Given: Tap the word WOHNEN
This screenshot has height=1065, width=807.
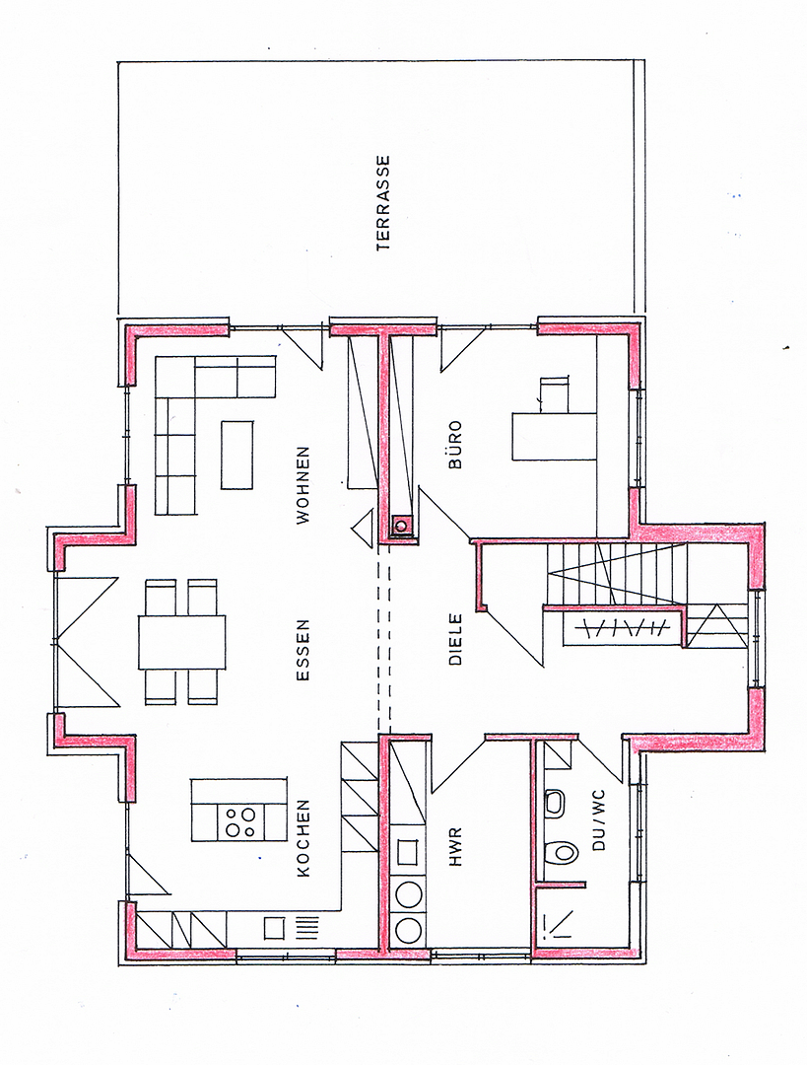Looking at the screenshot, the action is coord(303,485).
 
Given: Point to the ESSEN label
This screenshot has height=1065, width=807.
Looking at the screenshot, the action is coord(303,649).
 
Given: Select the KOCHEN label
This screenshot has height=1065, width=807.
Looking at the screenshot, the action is coord(303,837).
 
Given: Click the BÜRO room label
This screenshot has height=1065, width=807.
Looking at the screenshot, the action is coord(455,444).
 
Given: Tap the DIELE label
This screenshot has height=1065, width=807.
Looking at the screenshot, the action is coord(455,639).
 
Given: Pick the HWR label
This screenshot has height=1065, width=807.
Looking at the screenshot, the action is coord(455,846).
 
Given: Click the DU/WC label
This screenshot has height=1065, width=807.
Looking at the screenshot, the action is coord(599,819).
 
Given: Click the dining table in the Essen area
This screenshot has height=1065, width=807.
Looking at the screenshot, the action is coord(182,642).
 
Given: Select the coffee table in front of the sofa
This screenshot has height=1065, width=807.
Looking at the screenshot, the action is coord(236,455).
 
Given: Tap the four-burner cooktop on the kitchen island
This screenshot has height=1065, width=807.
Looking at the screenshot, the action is coord(241,821).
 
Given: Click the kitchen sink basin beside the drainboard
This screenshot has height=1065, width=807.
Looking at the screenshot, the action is coord(275,927).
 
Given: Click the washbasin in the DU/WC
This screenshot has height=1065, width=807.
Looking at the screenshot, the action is coord(555,802).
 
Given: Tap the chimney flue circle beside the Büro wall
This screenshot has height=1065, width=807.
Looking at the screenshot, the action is coord(402,525).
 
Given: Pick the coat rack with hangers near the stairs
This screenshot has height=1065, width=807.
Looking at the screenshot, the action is coord(622,628).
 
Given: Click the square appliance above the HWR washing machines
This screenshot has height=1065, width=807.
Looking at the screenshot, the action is coord(409,852).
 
